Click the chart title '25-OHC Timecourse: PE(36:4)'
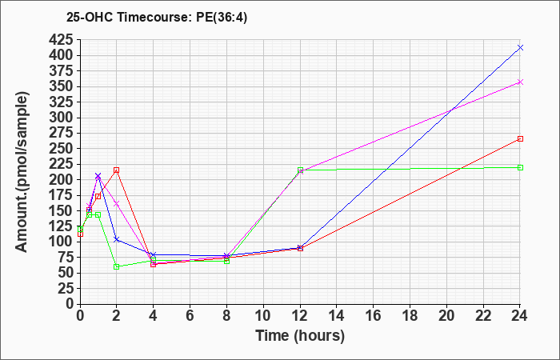click(157, 18)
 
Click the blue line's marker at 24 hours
click(520, 47)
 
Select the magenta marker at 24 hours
click(520, 82)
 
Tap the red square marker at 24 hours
click(520, 138)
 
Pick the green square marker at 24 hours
click(520, 167)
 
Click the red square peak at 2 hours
click(117, 170)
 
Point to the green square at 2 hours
click(117, 266)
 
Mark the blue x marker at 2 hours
click(117, 239)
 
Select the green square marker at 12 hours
click(300, 170)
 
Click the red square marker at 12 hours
click(300, 248)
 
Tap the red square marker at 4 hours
click(154, 264)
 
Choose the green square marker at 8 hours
click(226, 261)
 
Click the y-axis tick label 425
click(61, 39)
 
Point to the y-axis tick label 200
click(61, 180)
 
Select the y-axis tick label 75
click(66, 257)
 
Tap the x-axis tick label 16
click(373, 316)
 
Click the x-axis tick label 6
click(190, 316)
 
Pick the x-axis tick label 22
click(483, 316)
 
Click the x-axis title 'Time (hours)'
click(300, 336)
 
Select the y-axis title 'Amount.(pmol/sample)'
click(22, 172)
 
